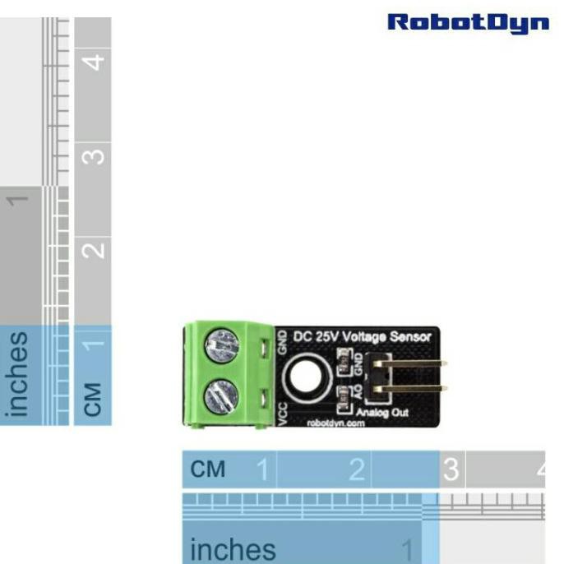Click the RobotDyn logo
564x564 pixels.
click(x=468, y=22)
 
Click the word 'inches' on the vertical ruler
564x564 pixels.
click(x=18, y=374)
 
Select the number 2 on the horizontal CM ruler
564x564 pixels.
click(x=356, y=470)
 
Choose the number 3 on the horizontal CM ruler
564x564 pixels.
click(x=451, y=470)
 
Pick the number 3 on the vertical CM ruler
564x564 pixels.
click(x=95, y=155)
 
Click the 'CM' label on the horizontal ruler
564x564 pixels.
click(x=207, y=470)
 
